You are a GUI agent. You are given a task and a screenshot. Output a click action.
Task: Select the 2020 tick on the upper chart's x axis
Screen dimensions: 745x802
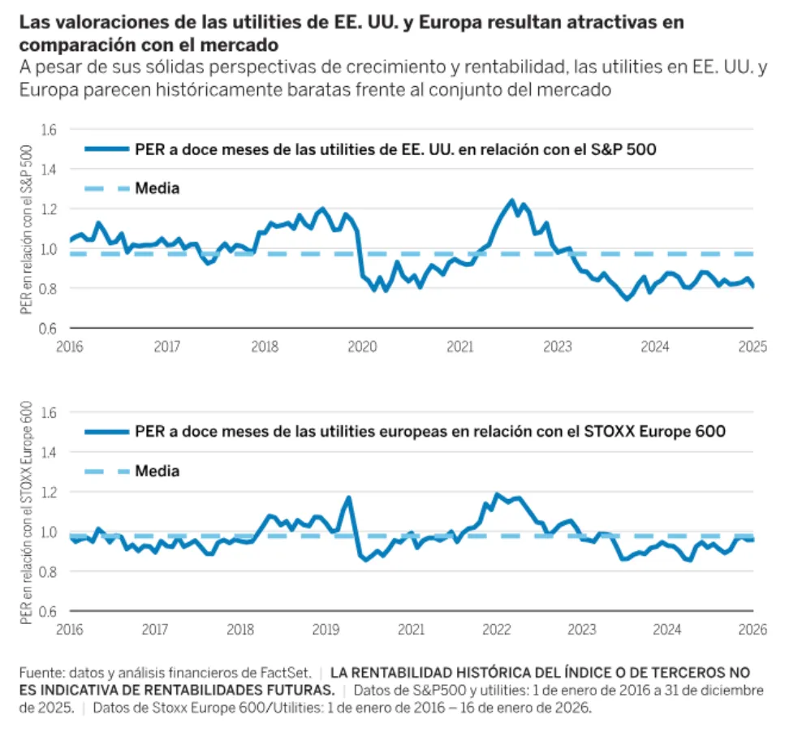pyautogui.click(x=362, y=347)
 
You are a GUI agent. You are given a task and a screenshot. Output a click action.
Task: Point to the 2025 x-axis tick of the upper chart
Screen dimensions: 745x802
pyautogui.click(x=752, y=347)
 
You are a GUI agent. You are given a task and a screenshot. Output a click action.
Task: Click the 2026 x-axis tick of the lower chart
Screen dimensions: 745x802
pyautogui.click(x=752, y=629)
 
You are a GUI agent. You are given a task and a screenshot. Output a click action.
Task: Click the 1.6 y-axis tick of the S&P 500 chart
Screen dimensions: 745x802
pyautogui.click(x=50, y=130)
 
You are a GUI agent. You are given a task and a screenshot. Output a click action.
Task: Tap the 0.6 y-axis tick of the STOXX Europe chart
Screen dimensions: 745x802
pyautogui.click(x=50, y=611)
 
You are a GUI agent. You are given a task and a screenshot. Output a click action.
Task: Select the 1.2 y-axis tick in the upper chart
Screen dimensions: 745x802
pyautogui.click(x=50, y=209)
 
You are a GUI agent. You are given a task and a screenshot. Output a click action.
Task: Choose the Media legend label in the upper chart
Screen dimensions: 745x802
pyautogui.click(x=157, y=189)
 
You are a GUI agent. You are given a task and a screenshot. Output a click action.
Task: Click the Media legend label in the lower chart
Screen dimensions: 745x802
pyautogui.click(x=157, y=472)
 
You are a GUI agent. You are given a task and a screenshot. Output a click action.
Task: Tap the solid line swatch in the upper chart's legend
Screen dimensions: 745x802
pyautogui.click(x=106, y=149)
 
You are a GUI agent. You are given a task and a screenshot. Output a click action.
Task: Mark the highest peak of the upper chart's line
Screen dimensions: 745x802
pyautogui.click(x=511, y=200)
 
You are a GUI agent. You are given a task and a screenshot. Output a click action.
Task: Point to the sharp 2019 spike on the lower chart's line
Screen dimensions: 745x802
pyautogui.click(x=349, y=497)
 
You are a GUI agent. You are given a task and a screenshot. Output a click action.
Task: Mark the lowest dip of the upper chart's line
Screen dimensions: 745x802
pyautogui.click(x=627, y=299)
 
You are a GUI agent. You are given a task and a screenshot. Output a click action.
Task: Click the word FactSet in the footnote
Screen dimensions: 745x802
pyautogui.click(x=287, y=673)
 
